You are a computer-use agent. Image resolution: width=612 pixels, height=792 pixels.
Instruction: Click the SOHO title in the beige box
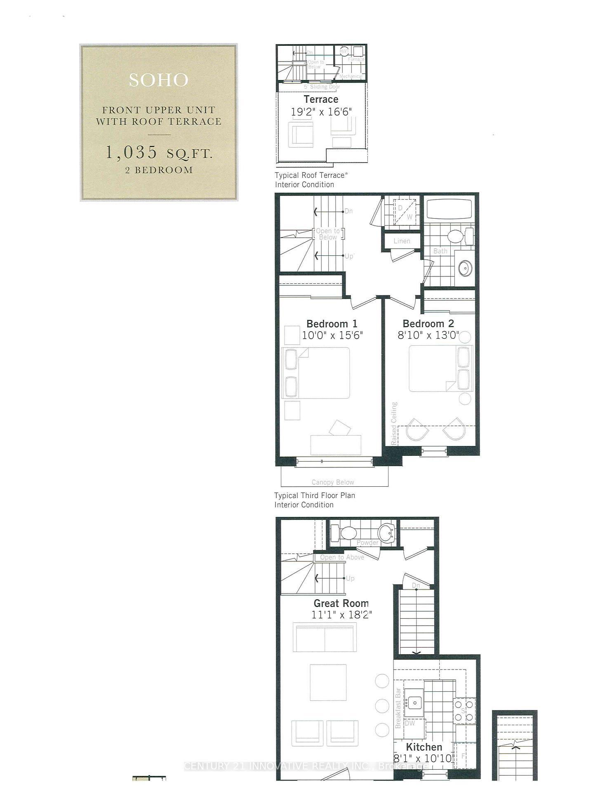tap(158, 80)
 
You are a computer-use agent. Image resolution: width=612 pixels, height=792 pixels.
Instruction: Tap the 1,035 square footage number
tap(132, 152)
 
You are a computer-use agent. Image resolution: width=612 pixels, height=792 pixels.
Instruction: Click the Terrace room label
tap(321, 99)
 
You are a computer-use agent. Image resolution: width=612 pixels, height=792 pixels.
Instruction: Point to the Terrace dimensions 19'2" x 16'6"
tap(322, 112)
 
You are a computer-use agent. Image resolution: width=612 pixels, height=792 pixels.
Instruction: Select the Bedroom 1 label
tap(332, 324)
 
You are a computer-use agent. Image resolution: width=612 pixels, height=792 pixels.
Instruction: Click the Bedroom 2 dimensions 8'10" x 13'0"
tap(428, 335)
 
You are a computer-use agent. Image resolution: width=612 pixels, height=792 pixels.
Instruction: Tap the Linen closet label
tap(402, 241)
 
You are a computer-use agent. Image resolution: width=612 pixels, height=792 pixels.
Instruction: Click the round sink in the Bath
tap(465, 268)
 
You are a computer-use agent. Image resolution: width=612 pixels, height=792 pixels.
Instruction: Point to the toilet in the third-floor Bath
tap(456, 237)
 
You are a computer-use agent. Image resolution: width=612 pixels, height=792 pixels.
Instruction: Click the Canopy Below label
tap(333, 482)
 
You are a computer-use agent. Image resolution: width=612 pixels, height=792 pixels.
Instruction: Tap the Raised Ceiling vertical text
tap(394, 423)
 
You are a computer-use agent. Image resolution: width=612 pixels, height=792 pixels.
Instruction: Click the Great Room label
tap(341, 603)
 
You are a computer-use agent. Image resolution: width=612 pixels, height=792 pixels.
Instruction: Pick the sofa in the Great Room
tap(325, 637)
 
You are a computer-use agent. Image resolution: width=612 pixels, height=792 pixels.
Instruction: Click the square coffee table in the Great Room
tap(328, 682)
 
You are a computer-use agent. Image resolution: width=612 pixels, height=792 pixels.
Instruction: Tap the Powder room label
tap(367, 542)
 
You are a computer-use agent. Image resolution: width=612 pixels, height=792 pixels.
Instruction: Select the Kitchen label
tap(424, 747)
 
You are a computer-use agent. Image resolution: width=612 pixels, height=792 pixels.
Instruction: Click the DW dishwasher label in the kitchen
tap(410, 723)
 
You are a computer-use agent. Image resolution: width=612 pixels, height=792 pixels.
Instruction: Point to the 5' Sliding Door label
tap(322, 87)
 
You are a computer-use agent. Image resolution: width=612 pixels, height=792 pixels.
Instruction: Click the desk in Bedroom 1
tap(336, 445)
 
